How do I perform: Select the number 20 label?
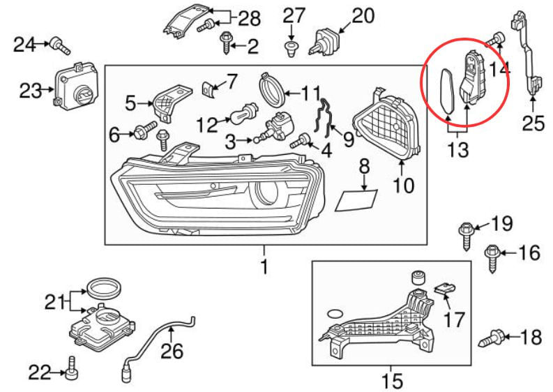point(363,16)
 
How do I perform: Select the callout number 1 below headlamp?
point(264,266)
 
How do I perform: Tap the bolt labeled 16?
point(492,257)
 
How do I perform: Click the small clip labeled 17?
point(443,287)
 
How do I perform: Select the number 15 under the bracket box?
point(392,381)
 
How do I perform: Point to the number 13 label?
point(459,149)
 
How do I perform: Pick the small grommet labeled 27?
point(291,46)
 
